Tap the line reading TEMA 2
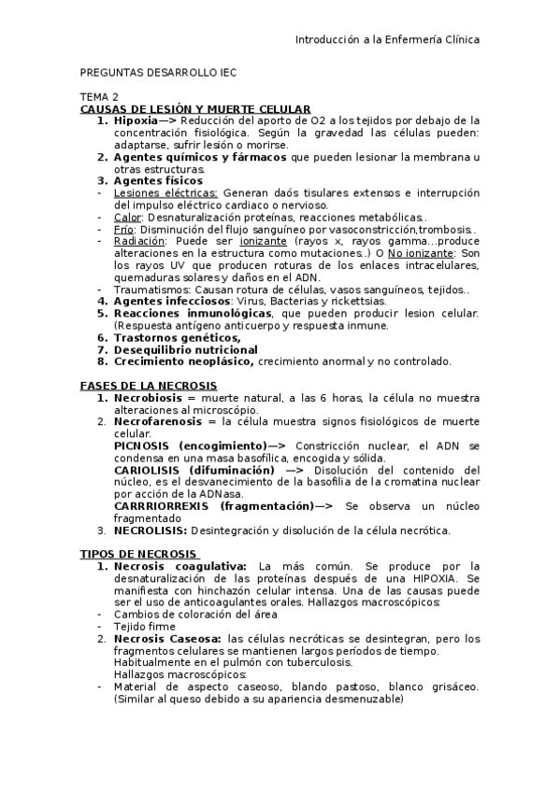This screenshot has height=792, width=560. tap(99, 96)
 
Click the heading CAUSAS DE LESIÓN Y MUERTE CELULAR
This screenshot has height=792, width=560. tap(195, 108)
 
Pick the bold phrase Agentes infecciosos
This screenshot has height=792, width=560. tap(171, 301)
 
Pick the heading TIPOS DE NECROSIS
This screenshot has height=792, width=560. tap(138, 554)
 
